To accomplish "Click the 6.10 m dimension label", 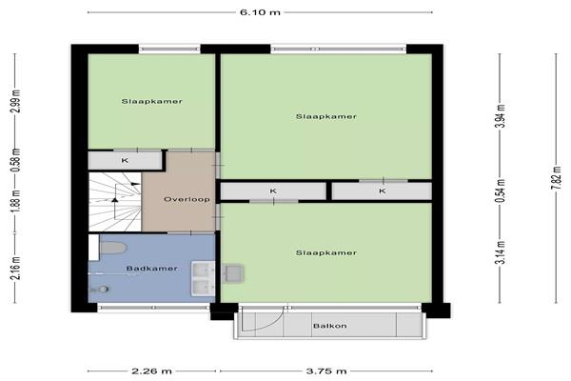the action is pyautogui.click(x=260, y=12).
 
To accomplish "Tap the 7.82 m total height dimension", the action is pyautogui.click(x=556, y=178).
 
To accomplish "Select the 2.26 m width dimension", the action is pyautogui.click(x=151, y=371).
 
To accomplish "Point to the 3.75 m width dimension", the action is pyautogui.click(x=325, y=371).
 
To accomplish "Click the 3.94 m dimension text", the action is pyautogui.click(x=502, y=115).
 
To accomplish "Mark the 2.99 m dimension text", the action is pyautogui.click(x=17, y=101).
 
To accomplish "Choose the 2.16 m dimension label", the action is pyautogui.click(x=17, y=268).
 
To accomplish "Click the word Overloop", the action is pyautogui.click(x=187, y=199).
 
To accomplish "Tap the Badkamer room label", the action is pyautogui.click(x=151, y=269).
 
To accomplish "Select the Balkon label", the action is pyautogui.click(x=330, y=326).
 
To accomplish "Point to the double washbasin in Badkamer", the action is pyautogui.click(x=204, y=278).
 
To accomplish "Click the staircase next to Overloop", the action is pyautogui.click(x=115, y=202).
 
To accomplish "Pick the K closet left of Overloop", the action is pyautogui.click(x=125, y=160).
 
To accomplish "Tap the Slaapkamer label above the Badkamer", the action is pyautogui.click(x=152, y=101).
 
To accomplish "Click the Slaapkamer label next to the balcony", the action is pyautogui.click(x=325, y=252).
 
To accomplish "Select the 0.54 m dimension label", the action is pyautogui.click(x=502, y=190).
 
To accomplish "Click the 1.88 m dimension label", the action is pyautogui.click(x=17, y=200).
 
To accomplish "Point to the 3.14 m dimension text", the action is pyautogui.click(x=502, y=252).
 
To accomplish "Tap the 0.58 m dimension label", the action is pyautogui.click(x=17, y=160).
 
